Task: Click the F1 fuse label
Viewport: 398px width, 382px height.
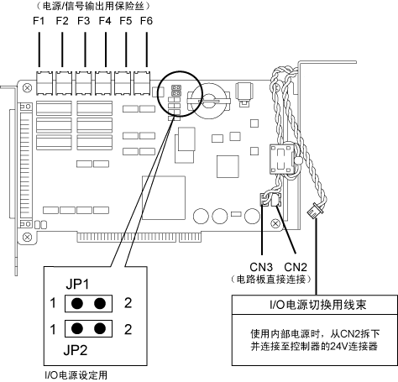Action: point(39,21)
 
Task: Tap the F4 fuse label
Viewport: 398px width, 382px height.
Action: point(105,21)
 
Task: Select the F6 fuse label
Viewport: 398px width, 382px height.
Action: point(146,21)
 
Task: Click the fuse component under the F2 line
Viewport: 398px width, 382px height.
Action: point(64,83)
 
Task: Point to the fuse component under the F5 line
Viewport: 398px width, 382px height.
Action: point(123,83)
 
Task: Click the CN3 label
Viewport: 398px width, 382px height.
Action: point(261,267)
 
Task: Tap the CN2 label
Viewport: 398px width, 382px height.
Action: point(296,267)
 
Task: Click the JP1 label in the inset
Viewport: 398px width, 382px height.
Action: point(77,285)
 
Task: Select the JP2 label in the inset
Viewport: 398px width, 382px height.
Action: point(76,350)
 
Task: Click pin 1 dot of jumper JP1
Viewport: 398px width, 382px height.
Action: point(77,303)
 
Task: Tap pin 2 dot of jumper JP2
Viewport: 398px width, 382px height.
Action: point(100,328)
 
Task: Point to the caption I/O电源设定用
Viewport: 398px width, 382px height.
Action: point(76,375)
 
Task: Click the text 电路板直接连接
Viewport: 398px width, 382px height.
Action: point(271,280)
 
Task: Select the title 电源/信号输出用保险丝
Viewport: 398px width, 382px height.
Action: point(93,6)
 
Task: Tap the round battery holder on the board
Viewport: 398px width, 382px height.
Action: point(208,100)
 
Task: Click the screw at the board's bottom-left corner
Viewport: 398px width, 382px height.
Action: point(27,238)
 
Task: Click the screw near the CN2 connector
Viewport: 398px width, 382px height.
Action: point(275,223)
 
